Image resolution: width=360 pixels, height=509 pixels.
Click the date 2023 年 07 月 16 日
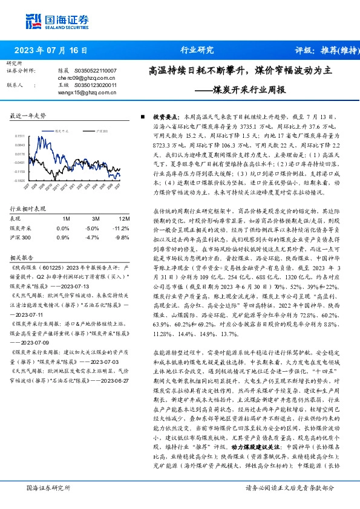(50, 50)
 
